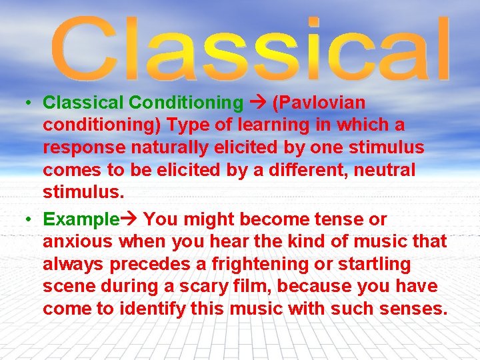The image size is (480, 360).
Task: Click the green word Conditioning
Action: pyautogui.click(x=186, y=103)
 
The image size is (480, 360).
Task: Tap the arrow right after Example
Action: pyautogui.click(x=130, y=219)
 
